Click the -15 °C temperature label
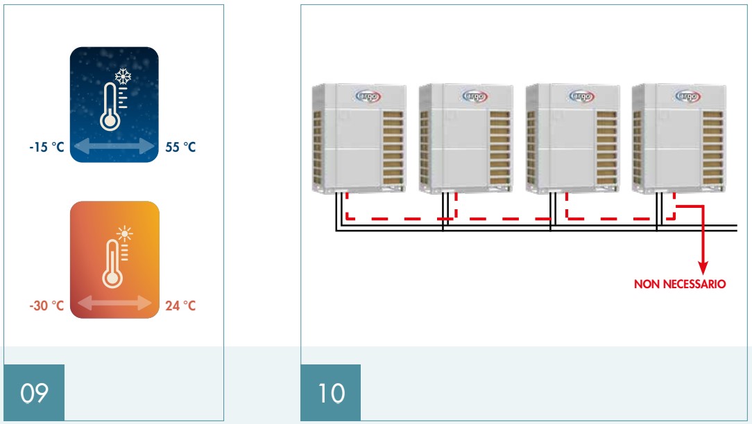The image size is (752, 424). click(x=46, y=148)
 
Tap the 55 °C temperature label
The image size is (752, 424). click(x=180, y=148)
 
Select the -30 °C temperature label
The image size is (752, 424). click(x=46, y=306)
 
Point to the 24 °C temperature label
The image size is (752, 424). click(x=180, y=306)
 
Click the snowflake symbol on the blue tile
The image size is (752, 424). click(x=123, y=76)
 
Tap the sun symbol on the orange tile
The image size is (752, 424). click(x=125, y=233)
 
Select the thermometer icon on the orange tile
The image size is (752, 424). click(x=112, y=264)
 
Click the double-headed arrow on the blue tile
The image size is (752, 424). click(x=114, y=146)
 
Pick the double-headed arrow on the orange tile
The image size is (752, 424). click(x=114, y=303)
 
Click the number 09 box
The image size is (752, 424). click(x=34, y=393)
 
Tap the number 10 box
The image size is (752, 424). click(x=331, y=393)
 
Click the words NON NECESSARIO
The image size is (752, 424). click(x=680, y=284)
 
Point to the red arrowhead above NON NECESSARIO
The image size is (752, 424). click(x=703, y=267)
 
